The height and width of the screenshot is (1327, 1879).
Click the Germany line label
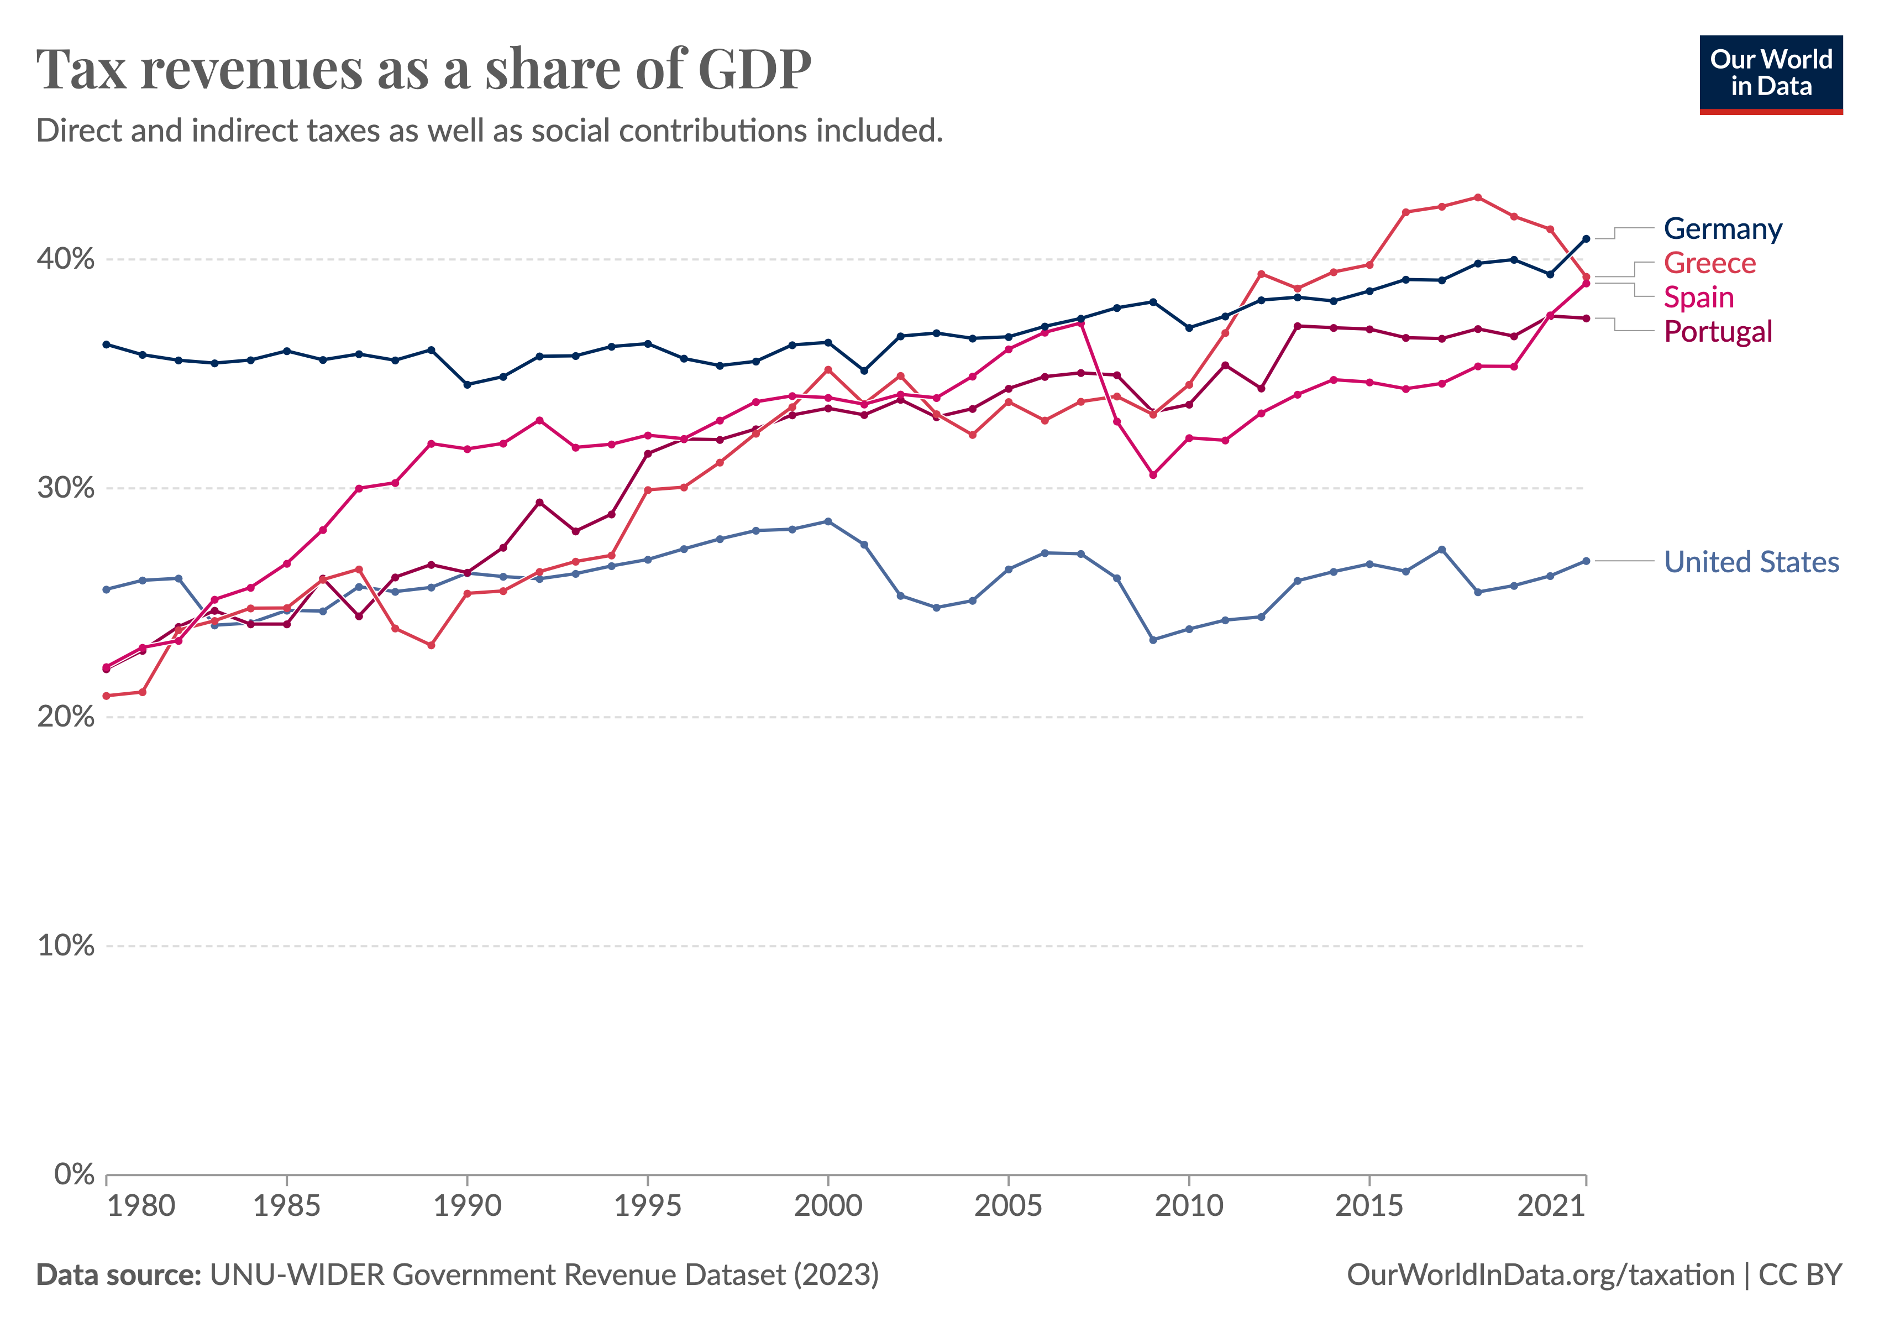click(x=1722, y=229)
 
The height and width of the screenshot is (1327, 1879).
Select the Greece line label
click(x=1709, y=264)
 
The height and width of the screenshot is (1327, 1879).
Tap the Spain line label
click(x=1698, y=298)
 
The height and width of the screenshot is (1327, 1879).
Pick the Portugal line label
click(x=1717, y=332)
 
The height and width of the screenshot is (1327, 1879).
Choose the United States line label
click(x=1751, y=562)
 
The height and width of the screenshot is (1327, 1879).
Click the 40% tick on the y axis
click(x=65, y=259)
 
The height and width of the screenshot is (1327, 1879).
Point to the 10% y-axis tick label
click(x=65, y=947)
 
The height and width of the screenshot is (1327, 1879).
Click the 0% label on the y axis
click(x=74, y=1175)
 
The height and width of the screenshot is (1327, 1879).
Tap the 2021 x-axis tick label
click(x=1551, y=1206)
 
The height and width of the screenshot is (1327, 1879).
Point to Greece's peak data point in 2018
click(x=1477, y=197)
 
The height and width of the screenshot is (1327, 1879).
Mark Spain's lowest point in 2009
click(x=1153, y=475)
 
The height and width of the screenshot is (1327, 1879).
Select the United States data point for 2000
click(x=828, y=521)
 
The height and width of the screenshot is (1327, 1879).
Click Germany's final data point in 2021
click(x=1586, y=239)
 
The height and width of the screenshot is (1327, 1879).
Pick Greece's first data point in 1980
click(x=107, y=696)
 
